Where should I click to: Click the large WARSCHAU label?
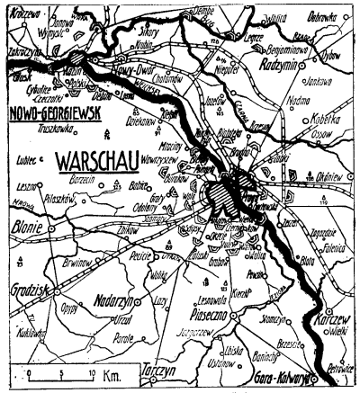(105, 164)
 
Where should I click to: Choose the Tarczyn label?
(158, 369)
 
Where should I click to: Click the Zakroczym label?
(22, 53)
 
